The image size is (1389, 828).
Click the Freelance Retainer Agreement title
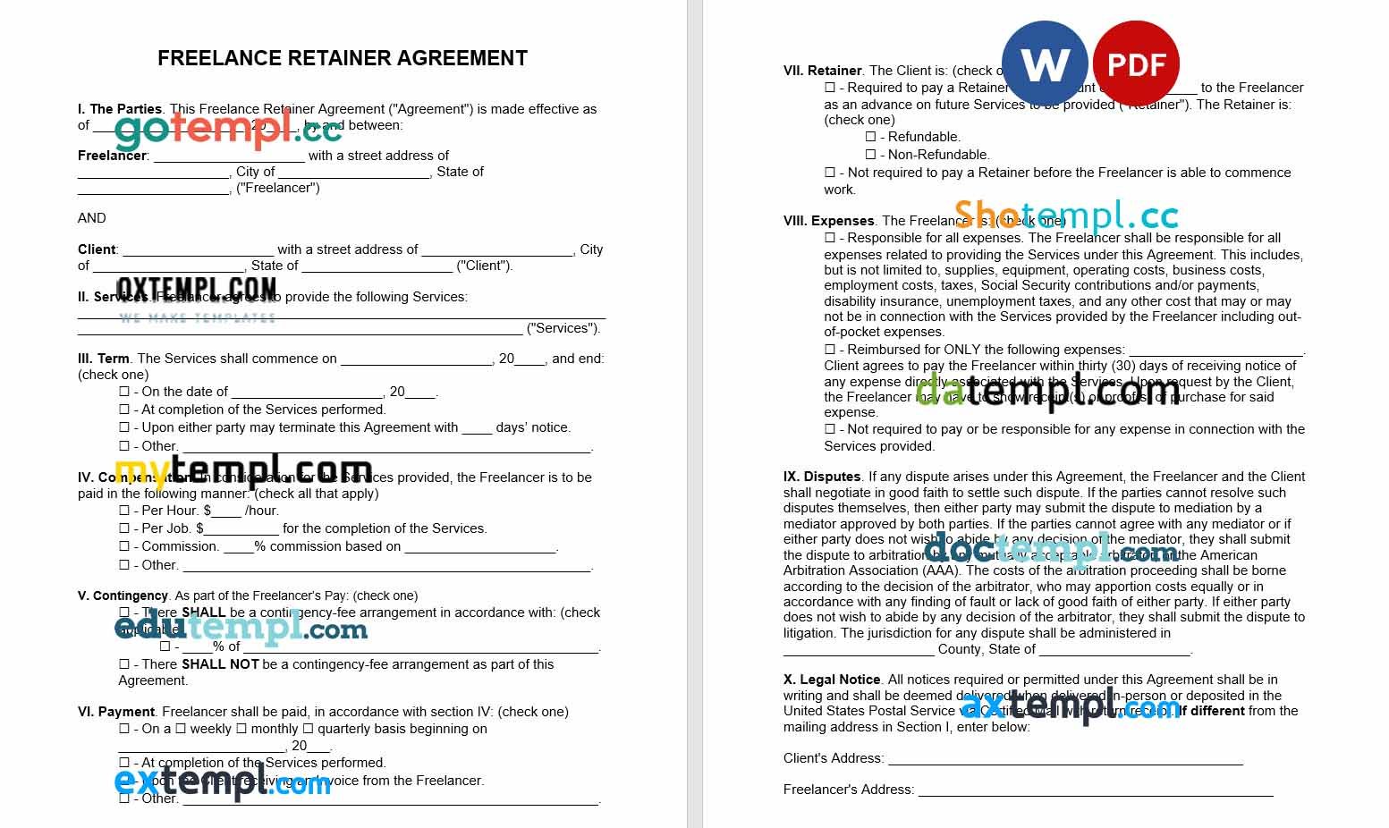(342, 58)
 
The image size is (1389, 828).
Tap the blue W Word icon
(1044, 64)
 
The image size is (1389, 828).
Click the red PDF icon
(1136, 64)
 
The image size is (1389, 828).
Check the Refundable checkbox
(870, 137)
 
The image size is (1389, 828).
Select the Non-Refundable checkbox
(870, 155)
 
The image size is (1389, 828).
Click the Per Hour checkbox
(124, 511)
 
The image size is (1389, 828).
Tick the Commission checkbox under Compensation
(124, 546)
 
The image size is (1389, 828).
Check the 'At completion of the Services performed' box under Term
(124, 410)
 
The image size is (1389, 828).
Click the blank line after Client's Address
(1064, 759)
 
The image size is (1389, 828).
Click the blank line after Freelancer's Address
(1095, 790)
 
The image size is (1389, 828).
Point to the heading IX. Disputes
(822, 477)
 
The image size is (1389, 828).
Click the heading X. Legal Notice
(832, 680)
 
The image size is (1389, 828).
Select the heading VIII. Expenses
(828, 221)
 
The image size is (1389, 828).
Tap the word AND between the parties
(91, 218)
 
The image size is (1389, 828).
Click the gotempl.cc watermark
(228, 131)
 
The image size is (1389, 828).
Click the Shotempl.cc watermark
(1065, 215)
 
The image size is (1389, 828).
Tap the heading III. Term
(104, 359)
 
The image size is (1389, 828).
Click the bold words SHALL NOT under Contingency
(220, 664)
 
